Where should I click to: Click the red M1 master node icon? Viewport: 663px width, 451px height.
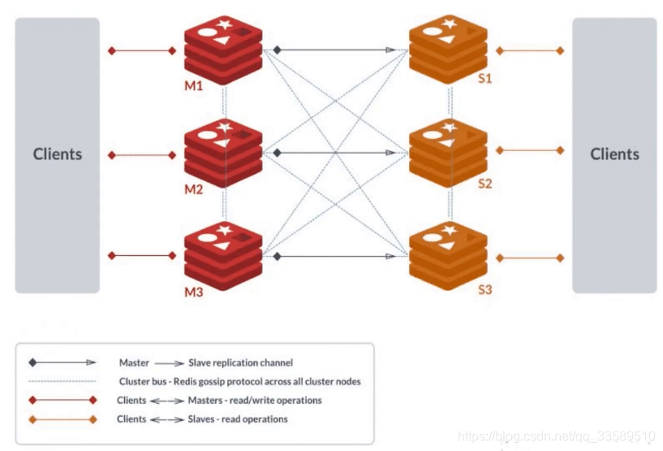pos(223,47)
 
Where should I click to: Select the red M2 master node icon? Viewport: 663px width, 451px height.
pos(223,150)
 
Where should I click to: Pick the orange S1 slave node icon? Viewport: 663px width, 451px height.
pos(448,47)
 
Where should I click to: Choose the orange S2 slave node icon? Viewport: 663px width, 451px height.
pos(448,150)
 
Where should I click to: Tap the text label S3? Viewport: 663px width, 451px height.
pos(484,289)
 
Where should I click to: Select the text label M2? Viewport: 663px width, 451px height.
pos(193,189)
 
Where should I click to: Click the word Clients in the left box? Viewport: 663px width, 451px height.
pos(58,154)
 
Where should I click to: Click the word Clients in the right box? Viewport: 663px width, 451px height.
pos(614,154)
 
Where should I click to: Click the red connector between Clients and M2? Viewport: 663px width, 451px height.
pos(142,154)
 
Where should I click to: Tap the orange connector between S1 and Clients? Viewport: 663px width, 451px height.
pos(530,50)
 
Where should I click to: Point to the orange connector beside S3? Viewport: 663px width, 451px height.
pos(530,258)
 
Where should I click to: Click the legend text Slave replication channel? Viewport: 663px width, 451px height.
pos(240,362)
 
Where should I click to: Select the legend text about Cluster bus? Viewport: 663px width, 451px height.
pos(239,381)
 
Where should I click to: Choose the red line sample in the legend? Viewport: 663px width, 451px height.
pos(63,400)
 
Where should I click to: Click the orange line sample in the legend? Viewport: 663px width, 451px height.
pos(63,419)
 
